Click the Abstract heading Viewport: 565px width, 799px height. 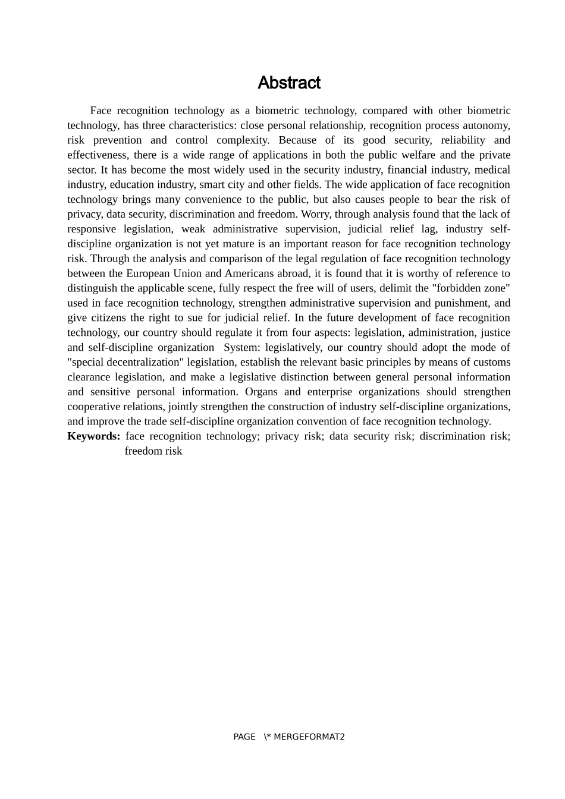289,83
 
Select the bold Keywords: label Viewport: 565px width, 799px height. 94,436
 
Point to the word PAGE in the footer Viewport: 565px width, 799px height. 244,737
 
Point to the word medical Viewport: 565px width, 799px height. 492,170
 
